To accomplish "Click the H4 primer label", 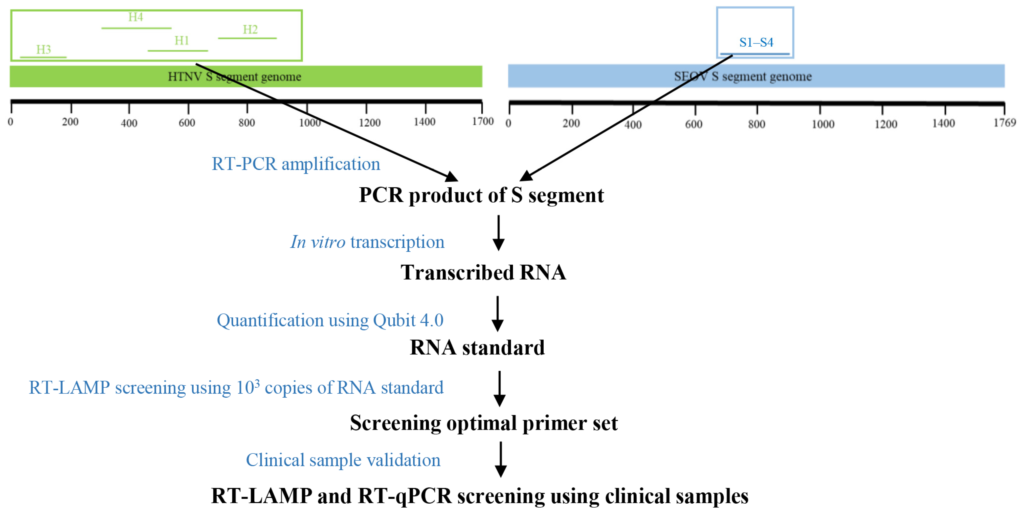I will (135, 17).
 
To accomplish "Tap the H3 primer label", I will (43, 50).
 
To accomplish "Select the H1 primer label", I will (181, 41).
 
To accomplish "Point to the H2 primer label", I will (250, 29).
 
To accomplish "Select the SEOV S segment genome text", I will (742, 76).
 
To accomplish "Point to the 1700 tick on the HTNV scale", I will (482, 121).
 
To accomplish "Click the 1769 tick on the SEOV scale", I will (1004, 123).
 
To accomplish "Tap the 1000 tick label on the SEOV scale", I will (823, 124).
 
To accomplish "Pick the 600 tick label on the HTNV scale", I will (187, 123).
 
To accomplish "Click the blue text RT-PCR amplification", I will (296, 164).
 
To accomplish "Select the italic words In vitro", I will (317, 242).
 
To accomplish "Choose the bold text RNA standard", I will (477, 347).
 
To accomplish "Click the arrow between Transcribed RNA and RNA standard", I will (497, 314).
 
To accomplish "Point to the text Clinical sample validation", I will (343, 460).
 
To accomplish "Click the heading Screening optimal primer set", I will (484, 423).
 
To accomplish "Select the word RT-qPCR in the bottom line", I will (404, 496).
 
